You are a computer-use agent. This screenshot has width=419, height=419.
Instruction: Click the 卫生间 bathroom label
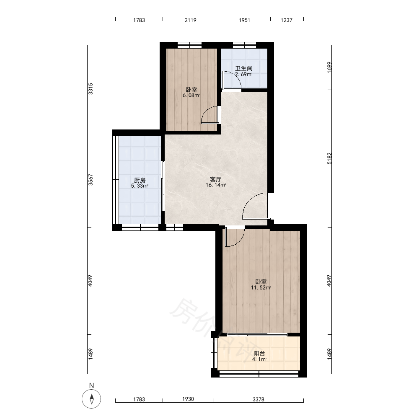click(244, 68)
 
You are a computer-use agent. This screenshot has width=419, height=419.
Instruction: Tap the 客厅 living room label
click(216, 179)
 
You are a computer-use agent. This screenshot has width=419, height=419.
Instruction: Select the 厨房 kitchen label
click(140, 180)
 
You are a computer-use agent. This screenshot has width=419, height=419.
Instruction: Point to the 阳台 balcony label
click(259, 353)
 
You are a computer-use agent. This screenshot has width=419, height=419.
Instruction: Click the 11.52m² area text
click(261, 288)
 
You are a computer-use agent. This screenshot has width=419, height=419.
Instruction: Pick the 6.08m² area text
click(191, 96)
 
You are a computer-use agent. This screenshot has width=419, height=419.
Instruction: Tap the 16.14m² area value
click(216, 185)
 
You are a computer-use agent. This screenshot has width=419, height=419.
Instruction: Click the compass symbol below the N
click(91, 399)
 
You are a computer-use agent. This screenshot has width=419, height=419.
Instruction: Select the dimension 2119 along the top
click(191, 20)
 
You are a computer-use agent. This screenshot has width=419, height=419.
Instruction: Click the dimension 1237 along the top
click(287, 20)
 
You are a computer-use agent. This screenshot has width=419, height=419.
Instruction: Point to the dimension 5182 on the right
click(329, 158)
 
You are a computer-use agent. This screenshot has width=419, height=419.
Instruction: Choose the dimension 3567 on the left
click(91, 180)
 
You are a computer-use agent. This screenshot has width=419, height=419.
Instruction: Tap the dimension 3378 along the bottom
click(259, 399)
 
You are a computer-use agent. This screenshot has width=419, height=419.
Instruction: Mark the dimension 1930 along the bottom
click(188, 399)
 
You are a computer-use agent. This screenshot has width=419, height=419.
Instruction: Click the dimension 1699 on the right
click(329, 67)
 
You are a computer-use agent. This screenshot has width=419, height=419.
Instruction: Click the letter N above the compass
click(92, 385)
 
